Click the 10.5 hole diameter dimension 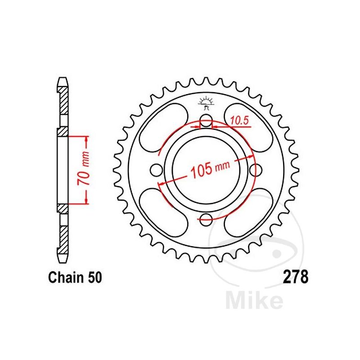point(239,121)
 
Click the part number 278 point(296,277)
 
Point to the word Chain point(66,277)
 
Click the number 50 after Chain point(94,277)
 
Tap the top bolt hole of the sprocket point(206,120)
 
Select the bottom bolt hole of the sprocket point(206,219)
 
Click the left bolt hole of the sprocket point(157,170)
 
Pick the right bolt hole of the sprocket point(256,170)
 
